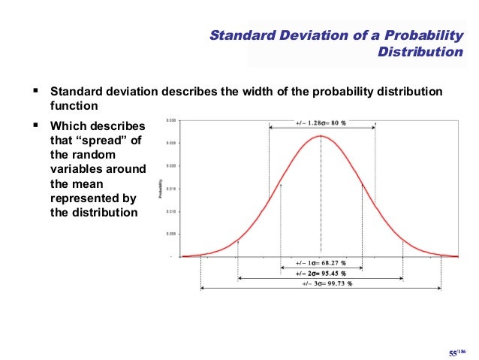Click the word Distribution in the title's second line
(x=420, y=53)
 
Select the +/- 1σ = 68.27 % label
(x=321, y=264)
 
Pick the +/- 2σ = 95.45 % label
(x=321, y=274)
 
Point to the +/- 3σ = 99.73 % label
(x=321, y=284)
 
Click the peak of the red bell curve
(x=321, y=136)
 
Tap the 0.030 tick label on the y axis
(x=171, y=120)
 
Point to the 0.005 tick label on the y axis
(x=171, y=234)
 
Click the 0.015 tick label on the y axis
(x=171, y=188)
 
